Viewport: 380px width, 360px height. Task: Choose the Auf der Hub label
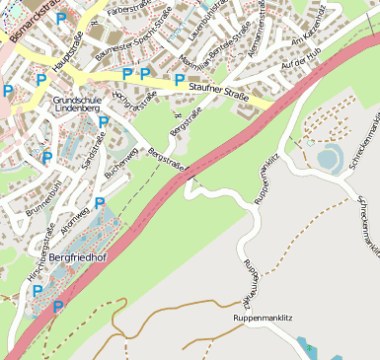[x=301, y=62]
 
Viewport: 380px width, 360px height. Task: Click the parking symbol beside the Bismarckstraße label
[x=61, y=19]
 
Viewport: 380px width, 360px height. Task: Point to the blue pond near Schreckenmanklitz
[x=328, y=158]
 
